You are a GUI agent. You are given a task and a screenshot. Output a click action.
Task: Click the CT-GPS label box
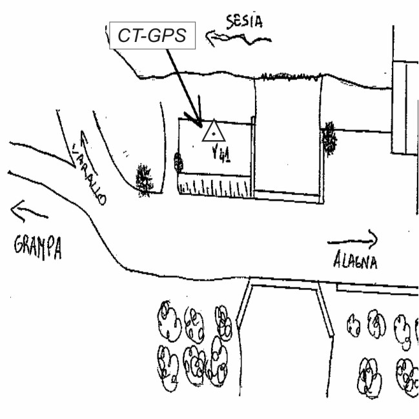pyautogui.click(x=152, y=36)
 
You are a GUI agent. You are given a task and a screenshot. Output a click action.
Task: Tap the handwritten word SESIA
pyautogui.click(x=245, y=21)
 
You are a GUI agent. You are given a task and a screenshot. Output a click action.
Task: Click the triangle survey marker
pyautogui.click(x=212, y=132)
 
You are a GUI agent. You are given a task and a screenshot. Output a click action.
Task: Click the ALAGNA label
pyautogui.click(x=356, y=261)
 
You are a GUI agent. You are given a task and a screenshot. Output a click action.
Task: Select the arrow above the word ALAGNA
pyautogui.click(x=353, y=241)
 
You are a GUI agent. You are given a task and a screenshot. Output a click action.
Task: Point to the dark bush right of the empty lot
pyautogui.click(x=330, y=138)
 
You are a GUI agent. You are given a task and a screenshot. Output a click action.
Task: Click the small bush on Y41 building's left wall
pyautogui.click(x=179, y=161)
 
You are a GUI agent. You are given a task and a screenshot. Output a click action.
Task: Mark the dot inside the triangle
pyautogui.click(x=212, y=134)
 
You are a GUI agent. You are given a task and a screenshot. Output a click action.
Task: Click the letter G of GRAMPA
pyautogui.click(x=18, y=245)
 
